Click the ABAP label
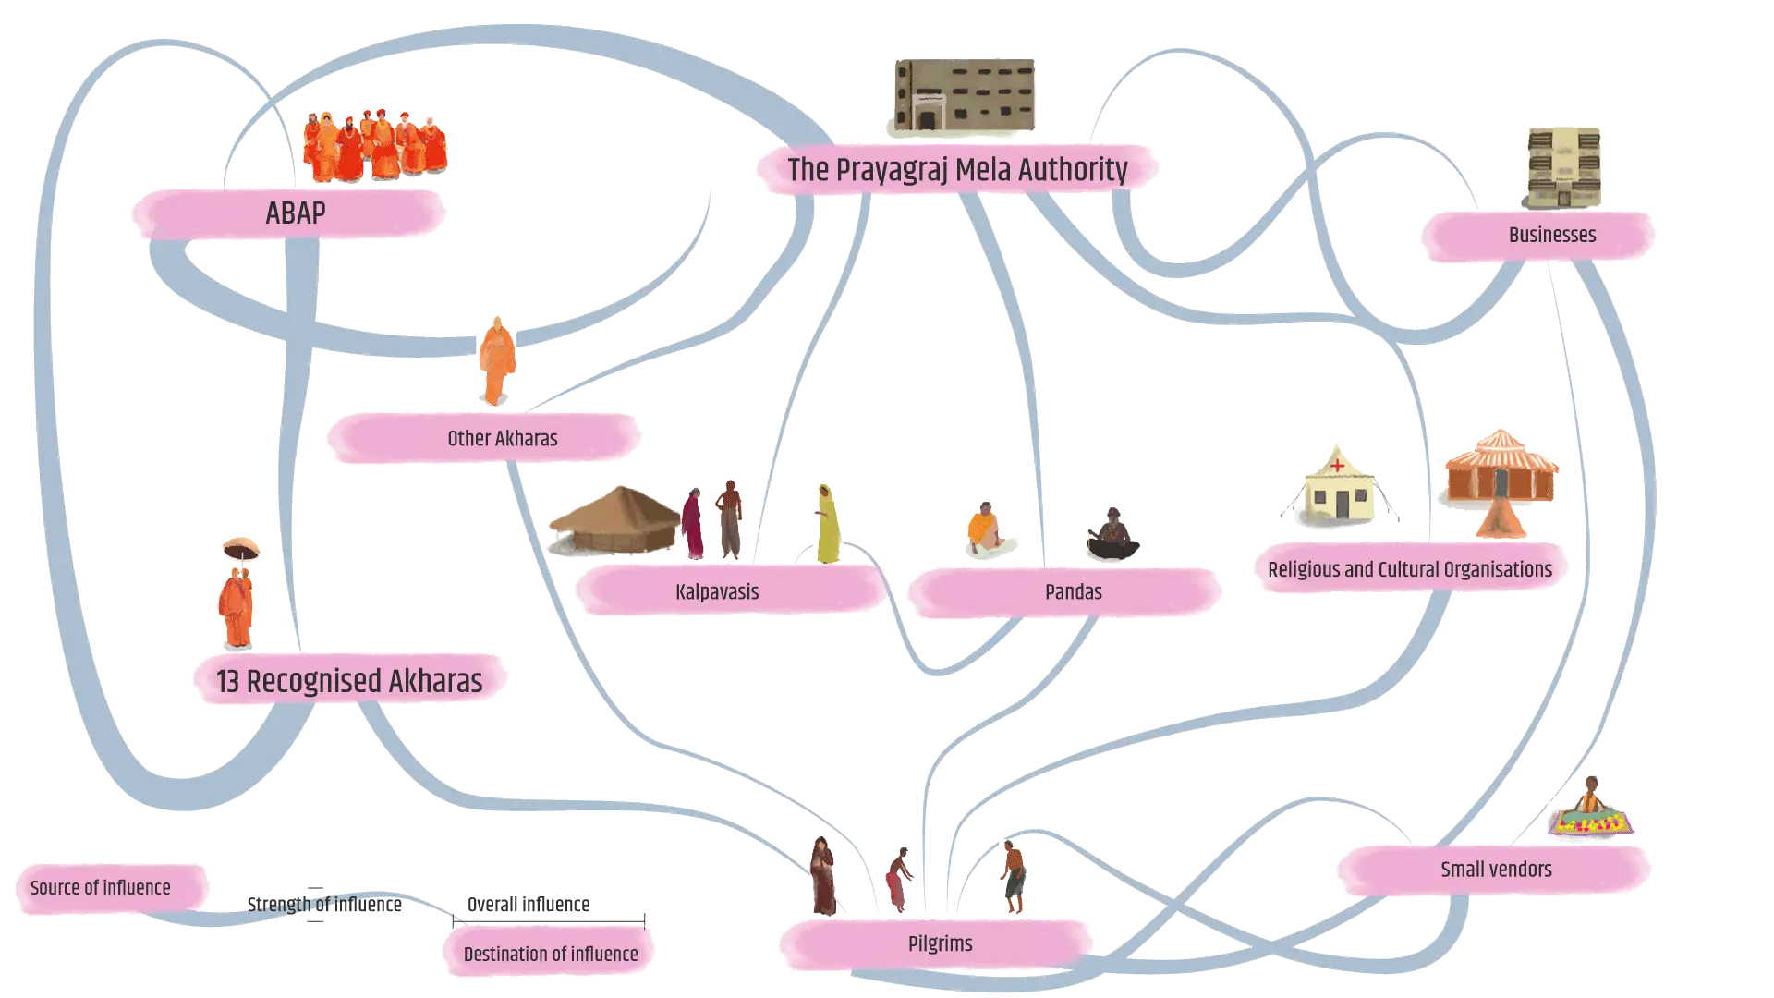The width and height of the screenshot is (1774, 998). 295,213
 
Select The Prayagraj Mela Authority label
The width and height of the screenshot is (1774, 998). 957,170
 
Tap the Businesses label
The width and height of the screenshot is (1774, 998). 1551,235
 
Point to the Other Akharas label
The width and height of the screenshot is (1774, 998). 502,438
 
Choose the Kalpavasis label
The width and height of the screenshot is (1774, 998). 717,591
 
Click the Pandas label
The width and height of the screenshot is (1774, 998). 1073,591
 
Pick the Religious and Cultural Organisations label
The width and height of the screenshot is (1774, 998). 1409,569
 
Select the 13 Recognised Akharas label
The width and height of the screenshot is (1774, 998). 349,681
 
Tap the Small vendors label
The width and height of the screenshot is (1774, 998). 1496,869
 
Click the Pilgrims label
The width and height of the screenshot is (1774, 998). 940,943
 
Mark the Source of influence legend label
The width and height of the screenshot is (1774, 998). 101,888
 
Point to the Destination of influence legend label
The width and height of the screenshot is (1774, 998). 551,954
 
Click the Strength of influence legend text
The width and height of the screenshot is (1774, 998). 324,904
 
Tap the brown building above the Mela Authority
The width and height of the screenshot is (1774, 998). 964,95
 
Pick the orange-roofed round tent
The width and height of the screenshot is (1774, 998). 1501,476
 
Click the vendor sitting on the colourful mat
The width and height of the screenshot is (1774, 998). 1589,809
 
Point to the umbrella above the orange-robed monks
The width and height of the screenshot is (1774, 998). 240,548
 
